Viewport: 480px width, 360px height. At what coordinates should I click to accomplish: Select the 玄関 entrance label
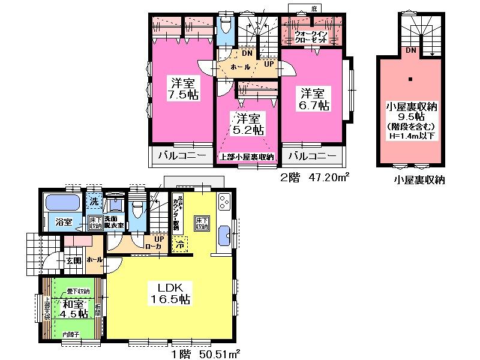point(73,260)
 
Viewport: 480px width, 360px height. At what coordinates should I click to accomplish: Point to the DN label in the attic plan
point(412,50)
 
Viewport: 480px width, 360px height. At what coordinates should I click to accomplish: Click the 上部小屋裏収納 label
point(246,157)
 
